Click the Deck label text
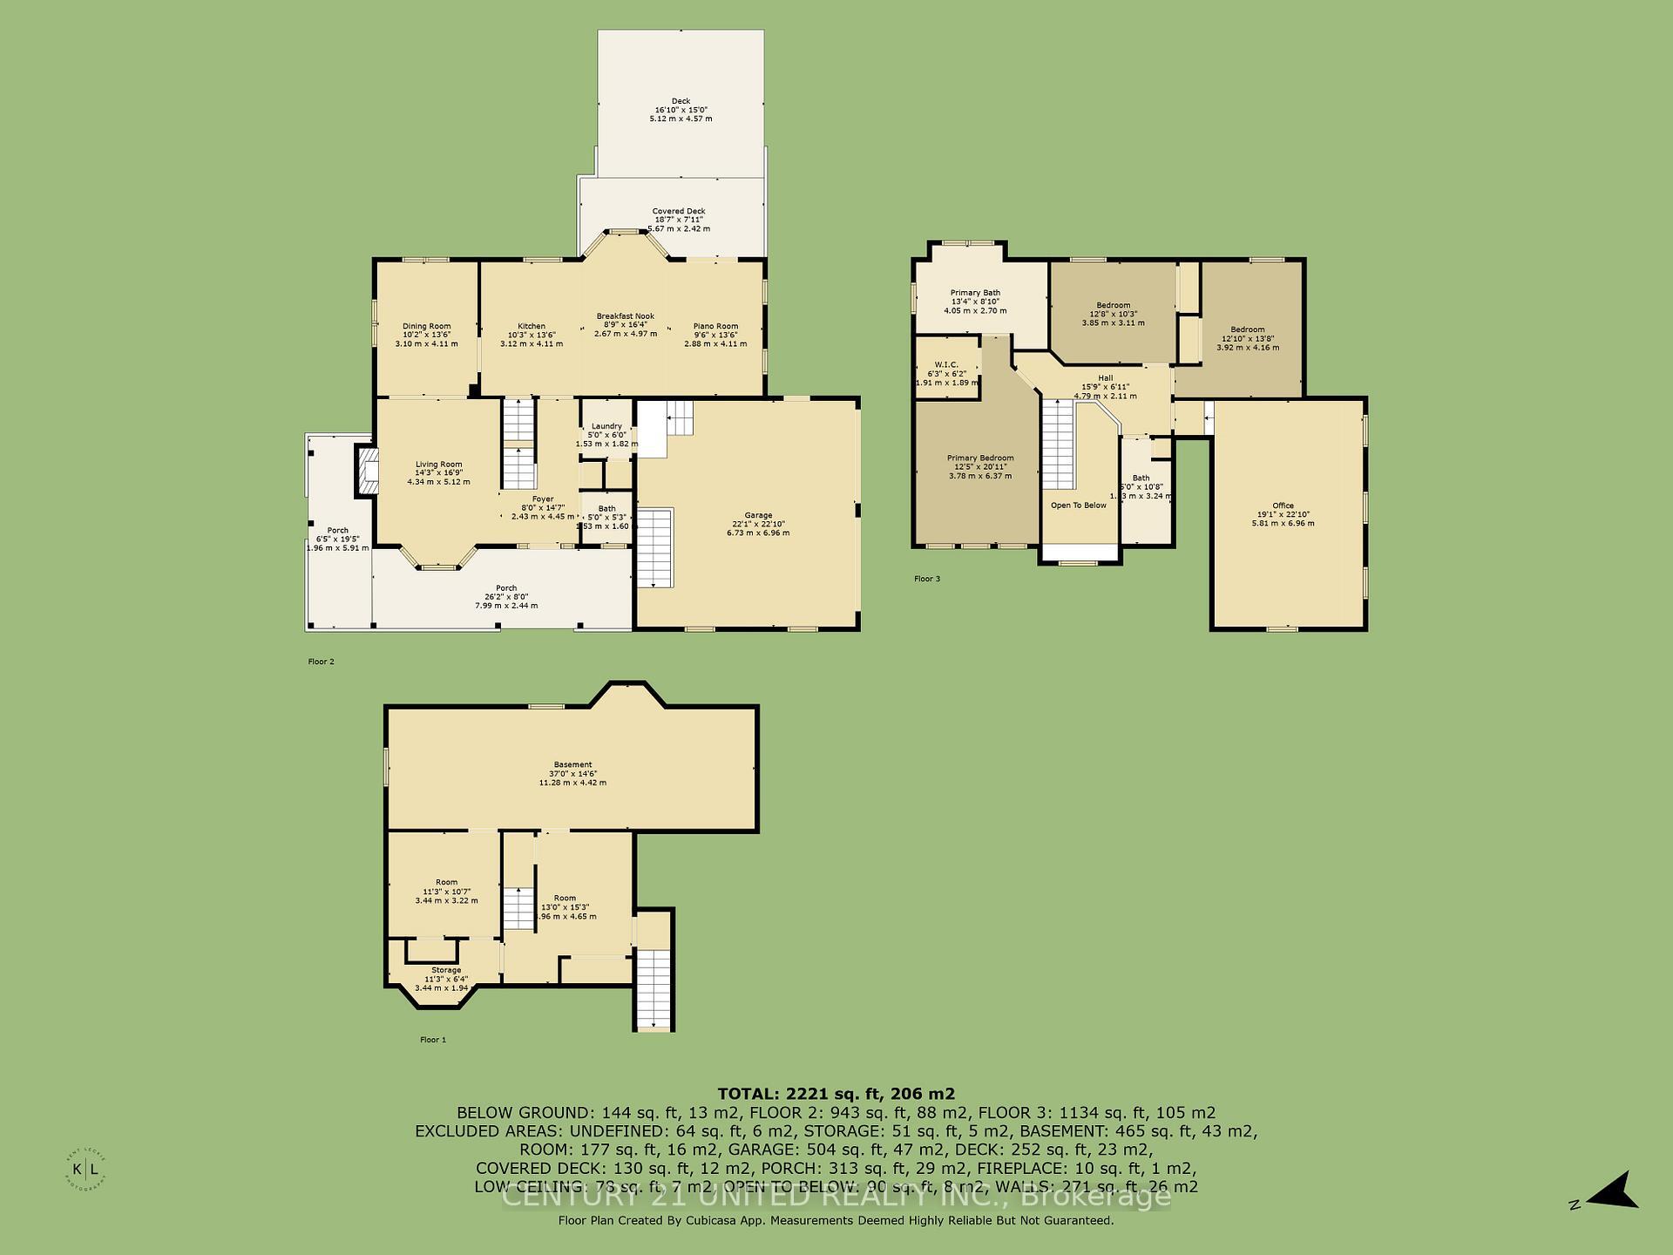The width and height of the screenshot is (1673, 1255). pyautogui.click(x=681, y=101)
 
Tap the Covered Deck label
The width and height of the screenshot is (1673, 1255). pyautogui.click(x=679, y=211)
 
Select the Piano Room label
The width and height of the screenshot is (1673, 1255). pyautogui.click(x=715, y=326)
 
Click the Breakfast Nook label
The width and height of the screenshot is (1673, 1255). pyautogui.click(x=625, y=316)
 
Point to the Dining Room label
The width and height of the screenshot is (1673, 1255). pyautogui.click(x=426, y=326)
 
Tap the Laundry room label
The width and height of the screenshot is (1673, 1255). pyautogui.click(x=606, y=426)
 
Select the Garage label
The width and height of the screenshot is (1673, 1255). pyautogui.click(x=758, y=515)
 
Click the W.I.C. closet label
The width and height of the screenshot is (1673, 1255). pyautogui.click(x=946, y=364)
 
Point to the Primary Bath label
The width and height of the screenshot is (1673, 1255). pyautogui.click(x=975, y=293)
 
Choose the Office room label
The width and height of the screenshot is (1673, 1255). pyautogui.click(x=1283, y=505)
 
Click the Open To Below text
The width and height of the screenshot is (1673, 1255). pyautogui.click(x=1078, y=505)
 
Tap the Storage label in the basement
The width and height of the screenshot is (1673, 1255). pyautogui.click(x=446, y=970)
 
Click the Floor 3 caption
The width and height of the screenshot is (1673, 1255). pyautogui.click(x=927, y=579)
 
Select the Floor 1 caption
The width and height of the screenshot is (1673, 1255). pyautogui.click(x=433, y=1040)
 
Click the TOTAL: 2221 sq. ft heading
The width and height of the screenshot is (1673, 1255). pyautogui.click(x=836, y=1094)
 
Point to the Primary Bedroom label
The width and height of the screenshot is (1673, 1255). pyautogui.click(x=980, y=458)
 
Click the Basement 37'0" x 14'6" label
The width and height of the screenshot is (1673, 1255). pyautogui.click(x=572, y=765)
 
